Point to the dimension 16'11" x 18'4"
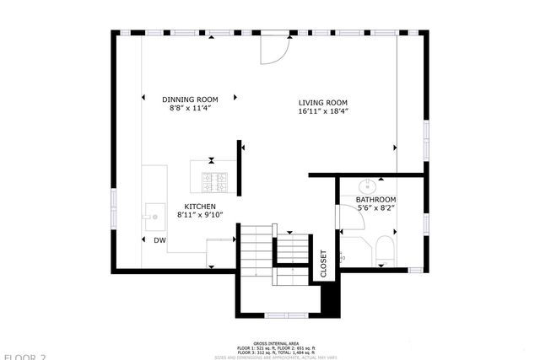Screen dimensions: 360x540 (323, 110)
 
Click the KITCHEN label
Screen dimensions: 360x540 (200, 207)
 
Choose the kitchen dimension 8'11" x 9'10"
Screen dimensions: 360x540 (200, 216)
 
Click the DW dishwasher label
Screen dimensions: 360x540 (159, 240)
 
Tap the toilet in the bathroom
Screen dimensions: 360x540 (385, 250)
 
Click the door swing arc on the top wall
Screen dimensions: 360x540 (274, 51)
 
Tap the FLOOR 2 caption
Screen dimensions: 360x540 (23, 357)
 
